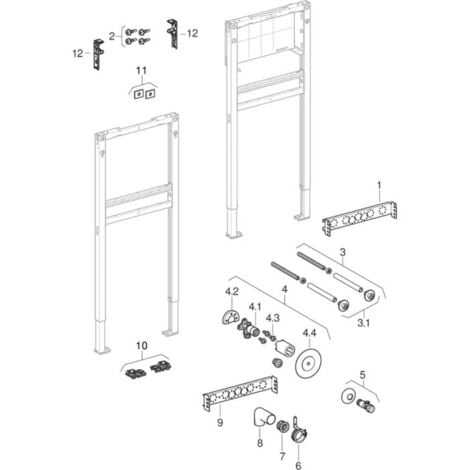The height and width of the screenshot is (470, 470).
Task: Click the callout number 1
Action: point(379,185)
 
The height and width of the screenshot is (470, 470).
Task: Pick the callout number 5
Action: point(361,378)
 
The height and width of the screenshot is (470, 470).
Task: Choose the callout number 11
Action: point(142,72)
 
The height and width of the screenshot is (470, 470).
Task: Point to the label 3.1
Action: point(366,323)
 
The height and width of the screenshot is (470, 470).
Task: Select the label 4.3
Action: point(274,316)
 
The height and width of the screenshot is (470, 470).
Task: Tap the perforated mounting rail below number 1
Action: point(359,214)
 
